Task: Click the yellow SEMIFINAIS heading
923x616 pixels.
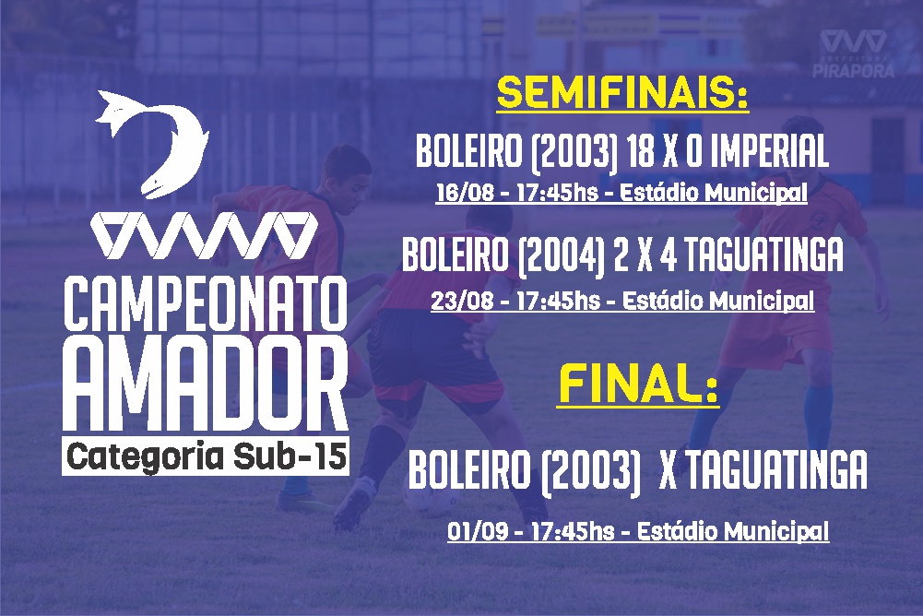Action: tap(622, 93)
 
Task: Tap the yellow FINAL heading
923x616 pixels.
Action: tap(639, 384)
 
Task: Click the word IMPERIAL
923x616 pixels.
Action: tap(769, 151)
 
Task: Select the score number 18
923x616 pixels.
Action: tap(641, 151)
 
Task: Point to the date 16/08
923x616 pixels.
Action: tap(465, 193)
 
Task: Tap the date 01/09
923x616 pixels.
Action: tap(476, 531)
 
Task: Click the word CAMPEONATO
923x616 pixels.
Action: tap(206, 304)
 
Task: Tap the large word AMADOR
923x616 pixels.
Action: tap(206, 385)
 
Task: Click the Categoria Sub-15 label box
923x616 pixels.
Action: tap(206, 456)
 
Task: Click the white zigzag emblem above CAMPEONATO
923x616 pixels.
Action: tap(205, 235)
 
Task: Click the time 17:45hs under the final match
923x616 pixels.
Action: tap(573, 531)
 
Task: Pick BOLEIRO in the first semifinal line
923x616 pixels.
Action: tap(469, 151)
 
